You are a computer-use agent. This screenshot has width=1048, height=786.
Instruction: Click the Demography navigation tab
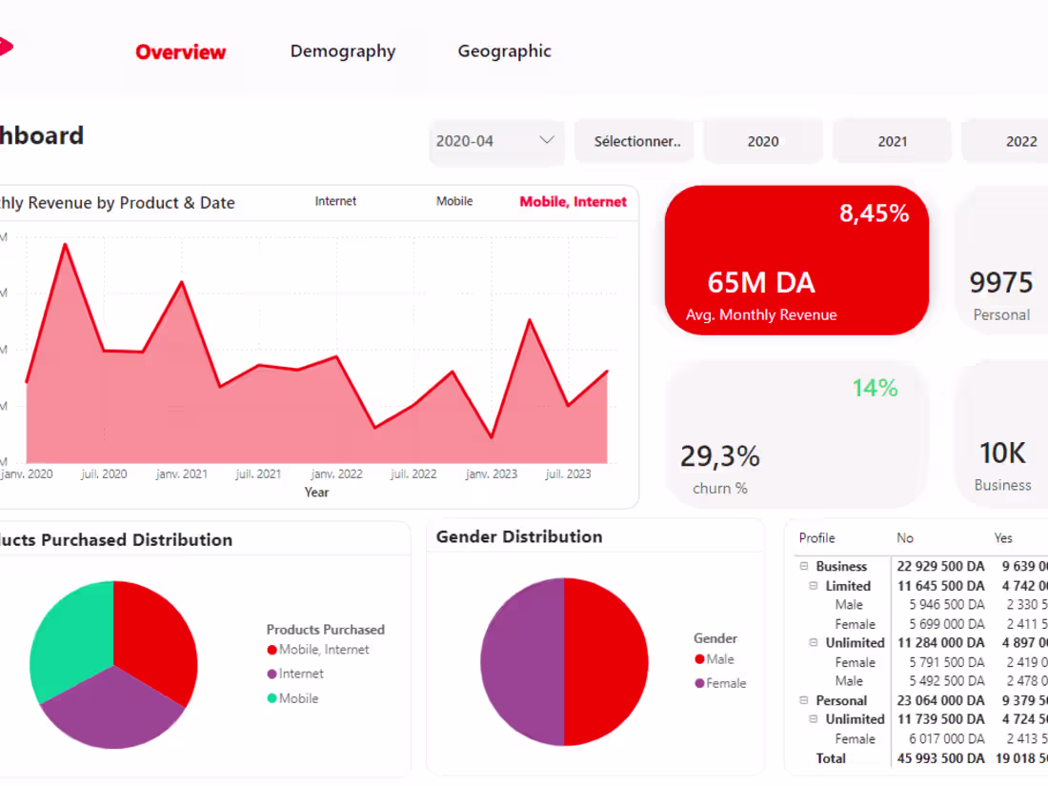[x=343, y=51]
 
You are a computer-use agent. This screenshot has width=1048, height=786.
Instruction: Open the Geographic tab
[x=504, y=51]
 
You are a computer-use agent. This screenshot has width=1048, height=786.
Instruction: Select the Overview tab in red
[x=181, y=52]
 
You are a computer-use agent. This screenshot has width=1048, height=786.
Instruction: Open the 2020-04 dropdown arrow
[x=547, y=140]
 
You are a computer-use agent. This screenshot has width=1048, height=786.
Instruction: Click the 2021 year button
[x=892, y=141]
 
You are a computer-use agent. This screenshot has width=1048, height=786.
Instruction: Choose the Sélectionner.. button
[x=637, y=141]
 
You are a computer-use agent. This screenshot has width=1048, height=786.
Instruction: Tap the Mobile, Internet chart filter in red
[x=573, y=202]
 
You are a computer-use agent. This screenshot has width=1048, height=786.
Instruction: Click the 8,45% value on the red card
[x=874, y=213]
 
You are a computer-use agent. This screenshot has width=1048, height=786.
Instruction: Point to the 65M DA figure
[x=761, y=283]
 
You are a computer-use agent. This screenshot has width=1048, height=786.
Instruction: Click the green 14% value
[x=875, y=388]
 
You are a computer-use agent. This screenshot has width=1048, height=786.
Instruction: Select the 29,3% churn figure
[x=719, y=456]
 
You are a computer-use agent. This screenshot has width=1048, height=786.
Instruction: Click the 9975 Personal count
[x=1000, y=283]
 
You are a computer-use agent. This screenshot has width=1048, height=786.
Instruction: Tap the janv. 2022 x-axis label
[x=336, y=474]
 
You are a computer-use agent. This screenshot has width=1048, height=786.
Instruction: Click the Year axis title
[x=316, y=493]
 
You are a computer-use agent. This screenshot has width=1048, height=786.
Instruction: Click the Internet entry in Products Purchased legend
[x=301, y=674]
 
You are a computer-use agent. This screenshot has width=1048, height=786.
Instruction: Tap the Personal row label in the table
[x=841, y=700]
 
